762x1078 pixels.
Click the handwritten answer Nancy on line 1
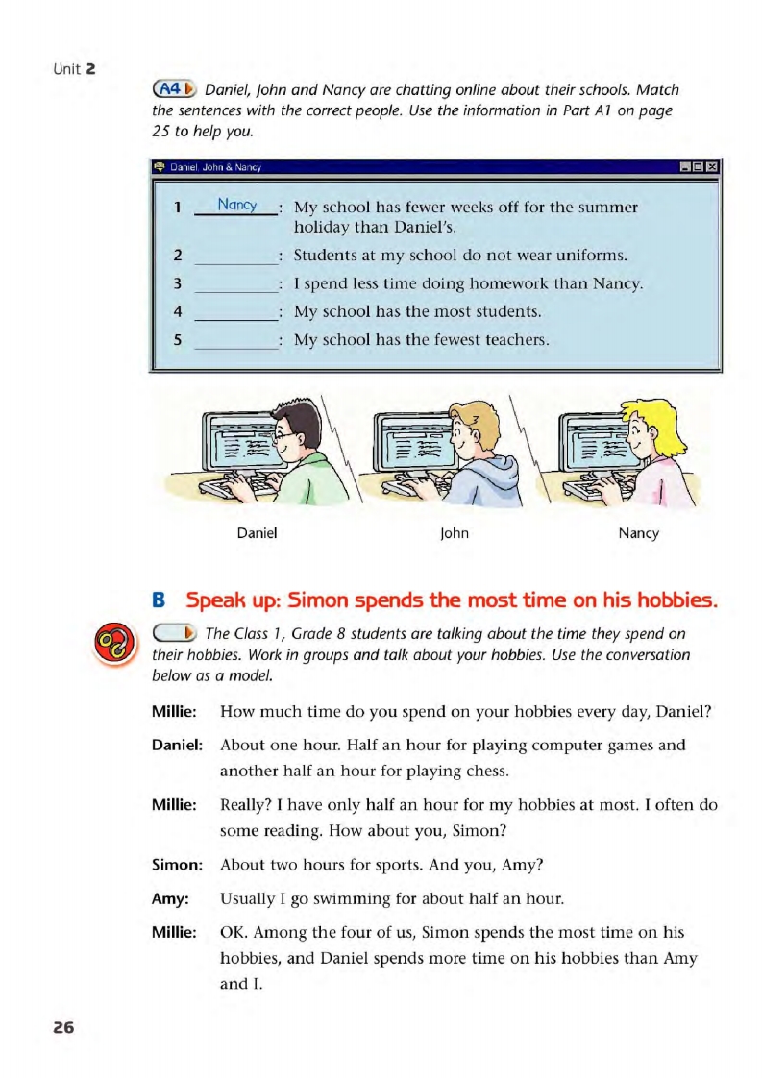coord(235,205)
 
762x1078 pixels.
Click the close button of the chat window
coord(712,168)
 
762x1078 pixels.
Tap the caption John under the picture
coord(454,533)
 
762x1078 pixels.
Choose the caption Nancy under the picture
coord(639,533)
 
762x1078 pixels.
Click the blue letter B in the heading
coord(160,602)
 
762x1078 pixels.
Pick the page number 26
coord(63,1028)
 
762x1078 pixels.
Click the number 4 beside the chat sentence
coord(165,311)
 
